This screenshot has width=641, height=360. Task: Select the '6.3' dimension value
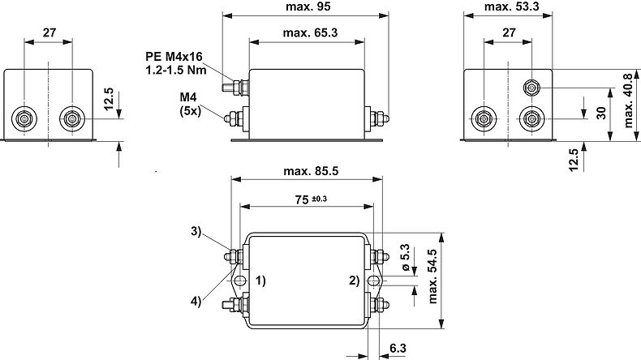398,348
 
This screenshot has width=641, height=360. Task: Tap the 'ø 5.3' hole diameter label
402,257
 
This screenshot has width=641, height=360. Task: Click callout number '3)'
196,231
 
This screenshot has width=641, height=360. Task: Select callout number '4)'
196,301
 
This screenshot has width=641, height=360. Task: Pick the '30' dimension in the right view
601,112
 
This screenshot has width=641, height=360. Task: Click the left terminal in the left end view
24,119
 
